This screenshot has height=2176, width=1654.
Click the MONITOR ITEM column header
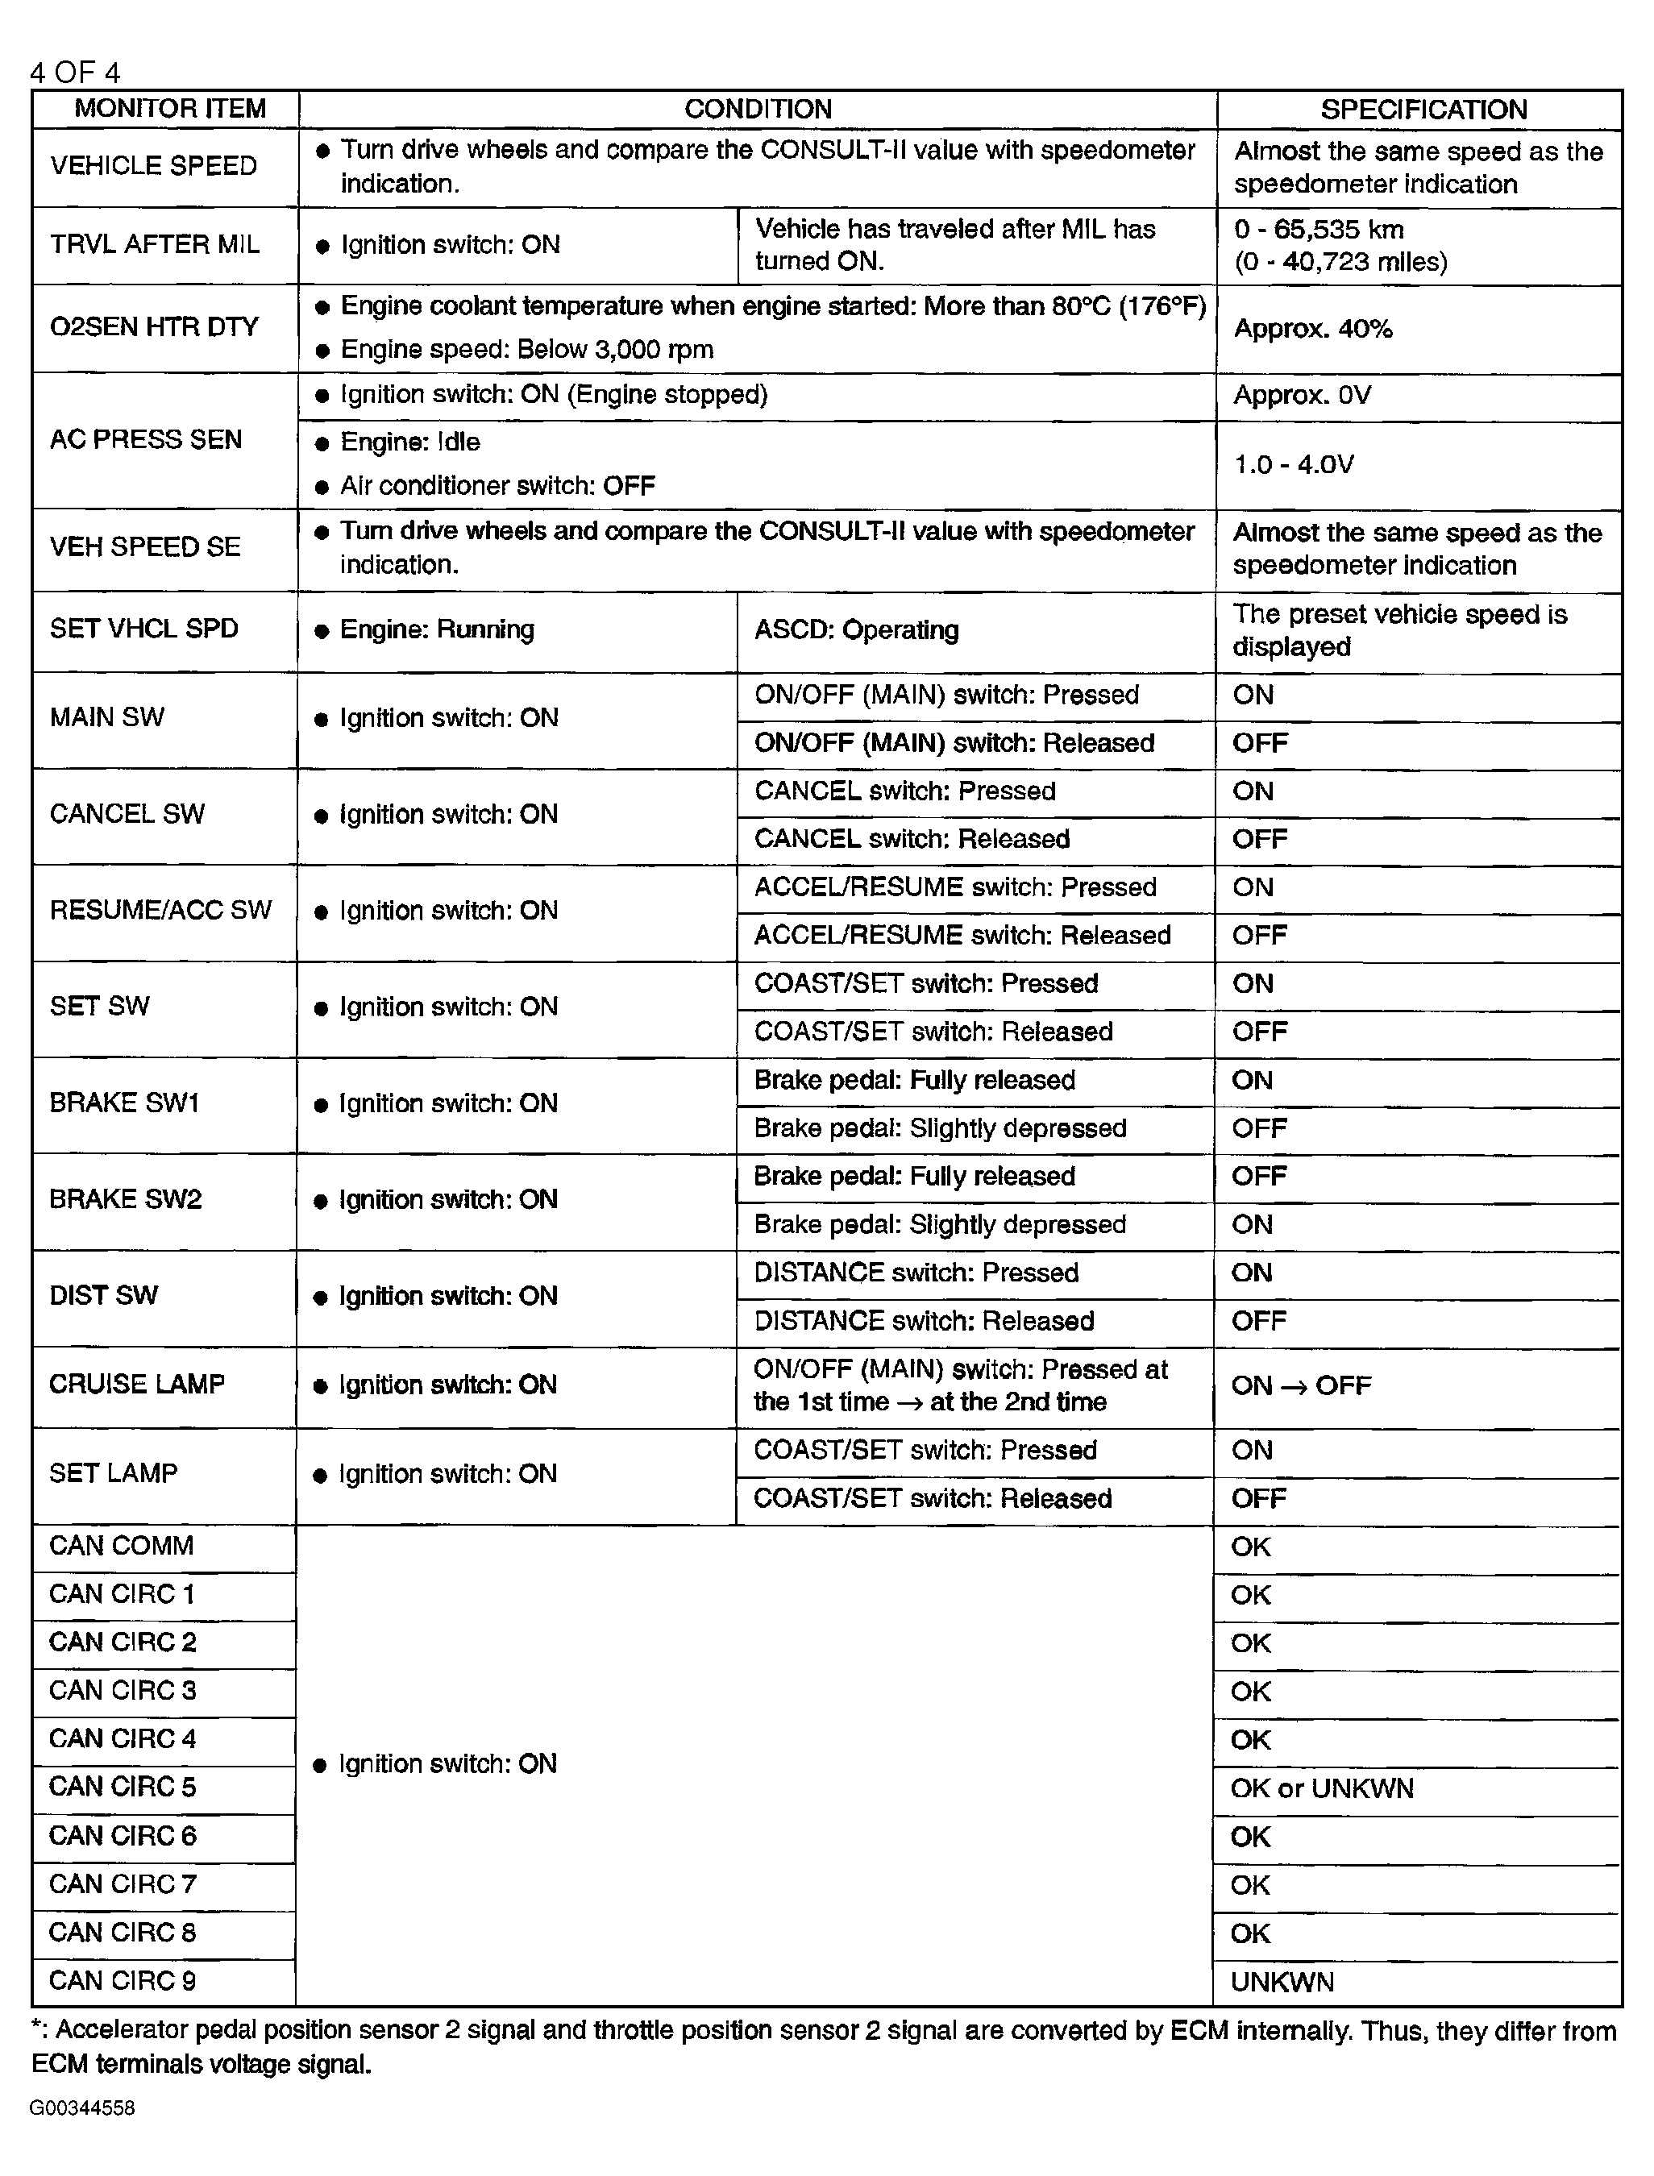(x=169, y=108)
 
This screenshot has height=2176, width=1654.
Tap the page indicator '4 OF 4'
(x=75, y=72)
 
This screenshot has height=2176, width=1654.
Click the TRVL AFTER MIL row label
(x=155, y=244)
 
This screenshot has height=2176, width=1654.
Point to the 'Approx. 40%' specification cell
(x=1312, y=329)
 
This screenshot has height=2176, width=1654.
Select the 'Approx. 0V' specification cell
(x=1302, y=395)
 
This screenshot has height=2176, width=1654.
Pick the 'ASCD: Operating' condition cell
(x=855, y=630)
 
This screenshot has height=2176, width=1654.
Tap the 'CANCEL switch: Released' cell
(x=911, y=838)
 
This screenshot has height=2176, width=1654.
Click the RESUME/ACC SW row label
(x=160, y=909)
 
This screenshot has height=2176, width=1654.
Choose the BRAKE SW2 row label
(x=125, y=1198)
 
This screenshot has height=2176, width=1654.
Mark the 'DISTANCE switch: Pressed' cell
(x=916, y=1273)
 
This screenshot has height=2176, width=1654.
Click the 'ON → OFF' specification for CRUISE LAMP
(x=1301, y=1385)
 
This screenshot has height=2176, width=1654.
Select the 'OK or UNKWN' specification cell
(x=1321, y=1788)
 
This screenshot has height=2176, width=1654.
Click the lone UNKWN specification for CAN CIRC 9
(x=1282, y=1982)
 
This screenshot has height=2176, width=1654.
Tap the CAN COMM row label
(x=121, y=1545)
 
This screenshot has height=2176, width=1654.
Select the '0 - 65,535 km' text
(x=1318, y=230)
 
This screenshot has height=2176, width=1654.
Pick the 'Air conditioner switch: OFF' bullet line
(x=497, y=485)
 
